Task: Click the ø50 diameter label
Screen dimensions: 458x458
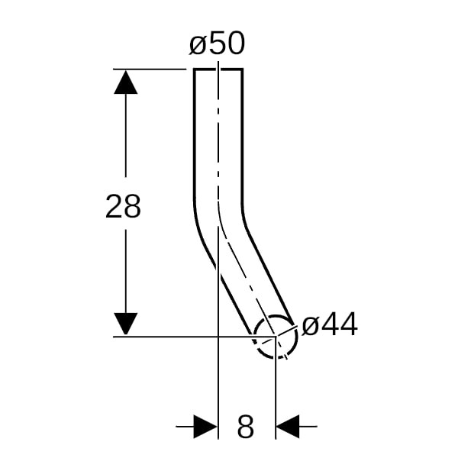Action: pyautogui.click(x=217, y=44)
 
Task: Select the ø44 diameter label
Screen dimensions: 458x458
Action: pyautogui.click(x=330, y=324)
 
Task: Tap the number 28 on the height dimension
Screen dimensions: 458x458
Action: pyautogui.click(x=123, y=206)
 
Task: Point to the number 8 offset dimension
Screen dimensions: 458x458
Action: pyautogui.click(x=245, y=426)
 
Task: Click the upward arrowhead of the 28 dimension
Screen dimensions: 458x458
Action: pyautogui.click(x=126, y=82)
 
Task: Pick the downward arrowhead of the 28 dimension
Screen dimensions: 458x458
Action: pyautogui.click(x=126, y=324)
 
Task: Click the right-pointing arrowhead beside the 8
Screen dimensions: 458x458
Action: pyautogui.click(x=205, y=427)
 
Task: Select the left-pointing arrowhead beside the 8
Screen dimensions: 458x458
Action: pyautogui.click(x=288, y=427)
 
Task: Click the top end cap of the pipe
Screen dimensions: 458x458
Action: pyautogui.click(x=218, y=69)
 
